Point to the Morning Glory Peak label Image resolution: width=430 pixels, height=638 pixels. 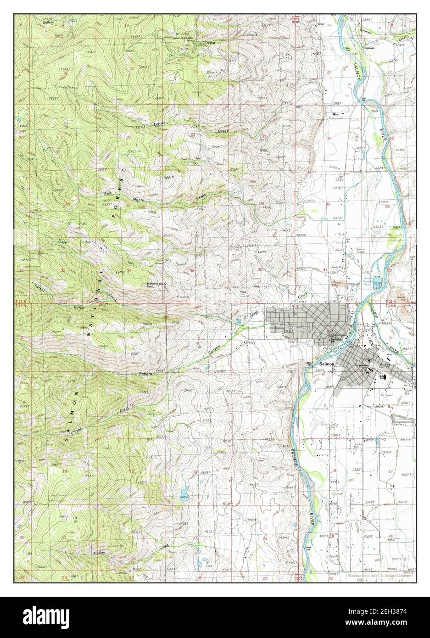click(x=156, y=285)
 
